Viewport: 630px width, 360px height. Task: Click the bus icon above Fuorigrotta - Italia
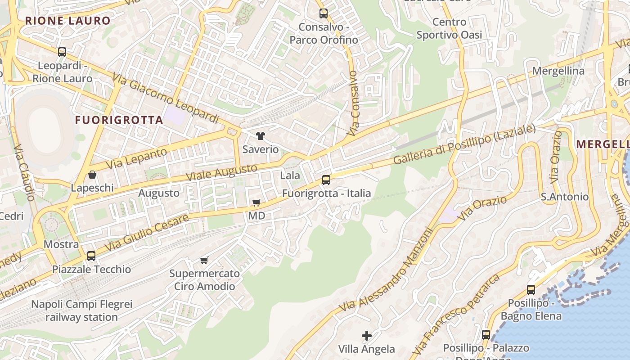[326, 180]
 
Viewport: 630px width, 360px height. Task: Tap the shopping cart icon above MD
[256, 202]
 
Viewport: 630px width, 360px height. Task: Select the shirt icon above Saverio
[260, 135]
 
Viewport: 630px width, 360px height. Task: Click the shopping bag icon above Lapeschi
[92, 175]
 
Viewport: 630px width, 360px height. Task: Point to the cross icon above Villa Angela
[367, 335]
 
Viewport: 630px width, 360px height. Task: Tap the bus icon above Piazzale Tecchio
[91, 256]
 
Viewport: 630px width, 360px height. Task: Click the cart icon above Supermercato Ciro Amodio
[204, 260]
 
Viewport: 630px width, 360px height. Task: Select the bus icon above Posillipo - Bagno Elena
[531, 289]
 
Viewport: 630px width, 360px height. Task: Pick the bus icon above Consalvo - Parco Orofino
[324, 13]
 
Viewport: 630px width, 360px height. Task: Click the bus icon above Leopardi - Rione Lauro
[62, 52]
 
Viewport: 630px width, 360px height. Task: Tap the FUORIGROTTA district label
[119, 120]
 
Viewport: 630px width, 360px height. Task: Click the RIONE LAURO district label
[67, 21]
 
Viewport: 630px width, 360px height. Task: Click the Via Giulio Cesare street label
[147, 233]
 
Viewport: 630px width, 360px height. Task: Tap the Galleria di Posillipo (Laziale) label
[464, 144]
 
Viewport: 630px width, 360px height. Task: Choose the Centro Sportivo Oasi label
[449, 28]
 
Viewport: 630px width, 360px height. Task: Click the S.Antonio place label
[564, 197]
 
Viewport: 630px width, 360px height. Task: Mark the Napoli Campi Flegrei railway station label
[81, 310]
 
